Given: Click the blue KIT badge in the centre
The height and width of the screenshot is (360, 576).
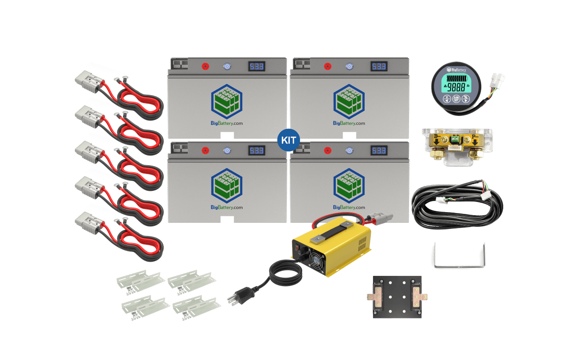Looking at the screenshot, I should click(x=288, y=140).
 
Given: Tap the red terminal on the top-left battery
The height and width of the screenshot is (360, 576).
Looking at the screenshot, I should click(x=206, y=67).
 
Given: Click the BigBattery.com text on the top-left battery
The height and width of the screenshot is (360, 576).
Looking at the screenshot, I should click(x=227, y=124).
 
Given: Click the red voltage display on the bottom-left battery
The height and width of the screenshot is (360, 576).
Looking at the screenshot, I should click(x=257, y=151).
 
